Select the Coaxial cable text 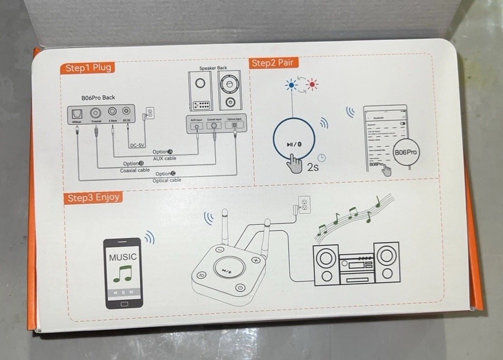(x=135, y=170)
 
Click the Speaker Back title (x=213, y=68)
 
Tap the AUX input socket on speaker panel (x=197, y=127)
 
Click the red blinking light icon (x=312, y=85)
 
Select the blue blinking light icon (x=291, y=85)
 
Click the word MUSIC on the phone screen (x=123, y=257)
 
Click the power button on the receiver (x=240, y=288)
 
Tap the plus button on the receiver (x=256, y=260)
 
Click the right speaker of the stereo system (x=387, y=263)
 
